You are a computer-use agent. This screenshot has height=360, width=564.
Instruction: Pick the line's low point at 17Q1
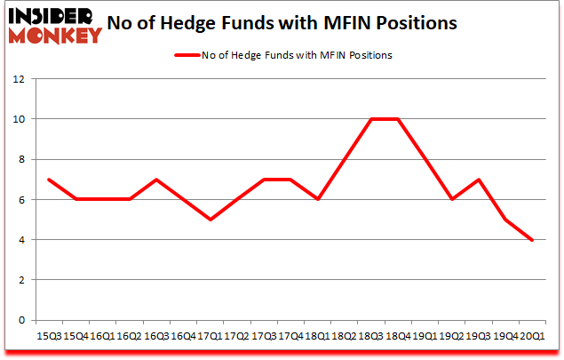point(210,220)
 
